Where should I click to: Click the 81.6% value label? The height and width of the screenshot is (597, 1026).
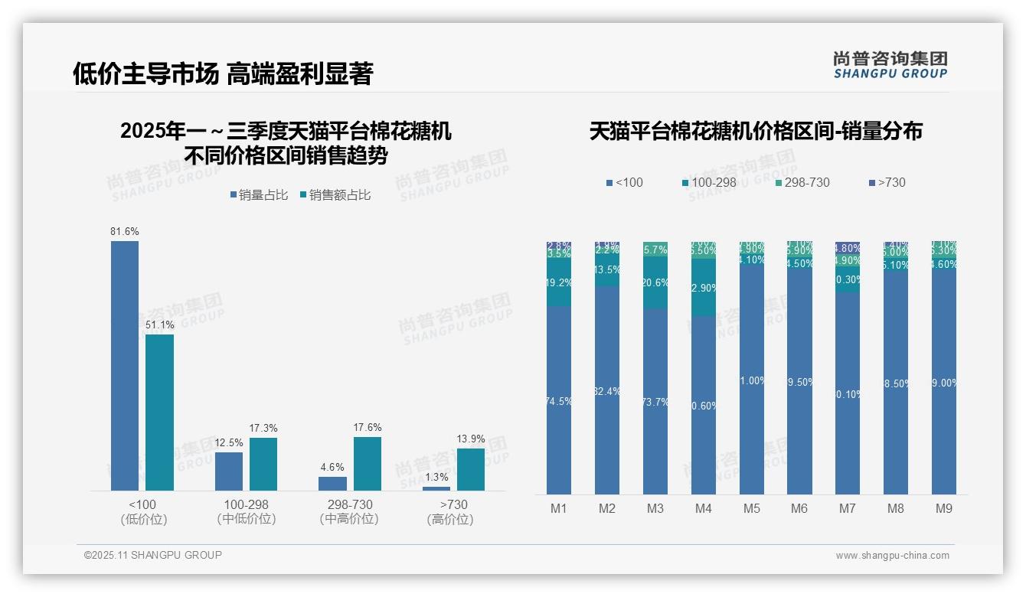(125, 231)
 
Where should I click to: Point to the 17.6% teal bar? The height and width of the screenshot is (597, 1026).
(368, 463)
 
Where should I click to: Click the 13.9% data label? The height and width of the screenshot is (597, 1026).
(471, 439)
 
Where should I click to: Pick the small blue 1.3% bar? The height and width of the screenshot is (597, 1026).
(436, 488)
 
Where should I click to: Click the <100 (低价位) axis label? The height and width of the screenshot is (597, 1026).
(143, 511)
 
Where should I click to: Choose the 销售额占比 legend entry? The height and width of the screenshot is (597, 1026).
(335, 195)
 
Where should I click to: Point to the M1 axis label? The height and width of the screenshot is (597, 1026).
(559, 508)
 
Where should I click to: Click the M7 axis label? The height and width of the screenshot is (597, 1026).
(848, 508)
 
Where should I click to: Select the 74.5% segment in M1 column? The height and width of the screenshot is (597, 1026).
(559, 400)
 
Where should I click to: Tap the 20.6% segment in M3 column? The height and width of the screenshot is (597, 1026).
(655, 282)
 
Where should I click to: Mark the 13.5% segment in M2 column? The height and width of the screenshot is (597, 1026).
(607, 270)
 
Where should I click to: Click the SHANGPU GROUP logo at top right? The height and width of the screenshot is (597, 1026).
(890, 65)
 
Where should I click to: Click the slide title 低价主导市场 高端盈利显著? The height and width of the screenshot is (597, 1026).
(223, 73)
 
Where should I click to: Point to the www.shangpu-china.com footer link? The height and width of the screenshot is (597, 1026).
(892, 556)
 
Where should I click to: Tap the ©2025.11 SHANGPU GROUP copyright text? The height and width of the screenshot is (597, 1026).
(153, 555)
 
